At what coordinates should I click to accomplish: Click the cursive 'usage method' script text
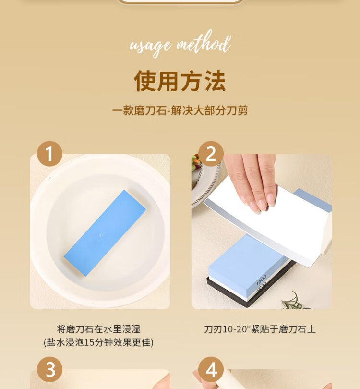pos(180,44)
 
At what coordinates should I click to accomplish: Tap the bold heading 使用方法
pos(180,81)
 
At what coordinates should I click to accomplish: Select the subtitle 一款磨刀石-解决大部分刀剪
pos(180,110)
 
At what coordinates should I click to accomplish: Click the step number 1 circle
pos(49,154)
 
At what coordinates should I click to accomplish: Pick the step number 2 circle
pos(211,154)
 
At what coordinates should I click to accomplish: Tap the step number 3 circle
pos(49,369)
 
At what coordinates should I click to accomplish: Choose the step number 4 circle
pos(211,369)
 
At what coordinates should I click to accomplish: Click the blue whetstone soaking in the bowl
pos(105,233)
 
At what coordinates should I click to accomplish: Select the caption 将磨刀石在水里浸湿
pos(99,329)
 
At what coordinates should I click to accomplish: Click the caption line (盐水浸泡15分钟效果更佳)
pos(99,342)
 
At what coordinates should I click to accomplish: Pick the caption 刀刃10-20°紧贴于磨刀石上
pos(260,329)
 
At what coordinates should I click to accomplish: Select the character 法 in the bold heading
pos(215,81)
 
